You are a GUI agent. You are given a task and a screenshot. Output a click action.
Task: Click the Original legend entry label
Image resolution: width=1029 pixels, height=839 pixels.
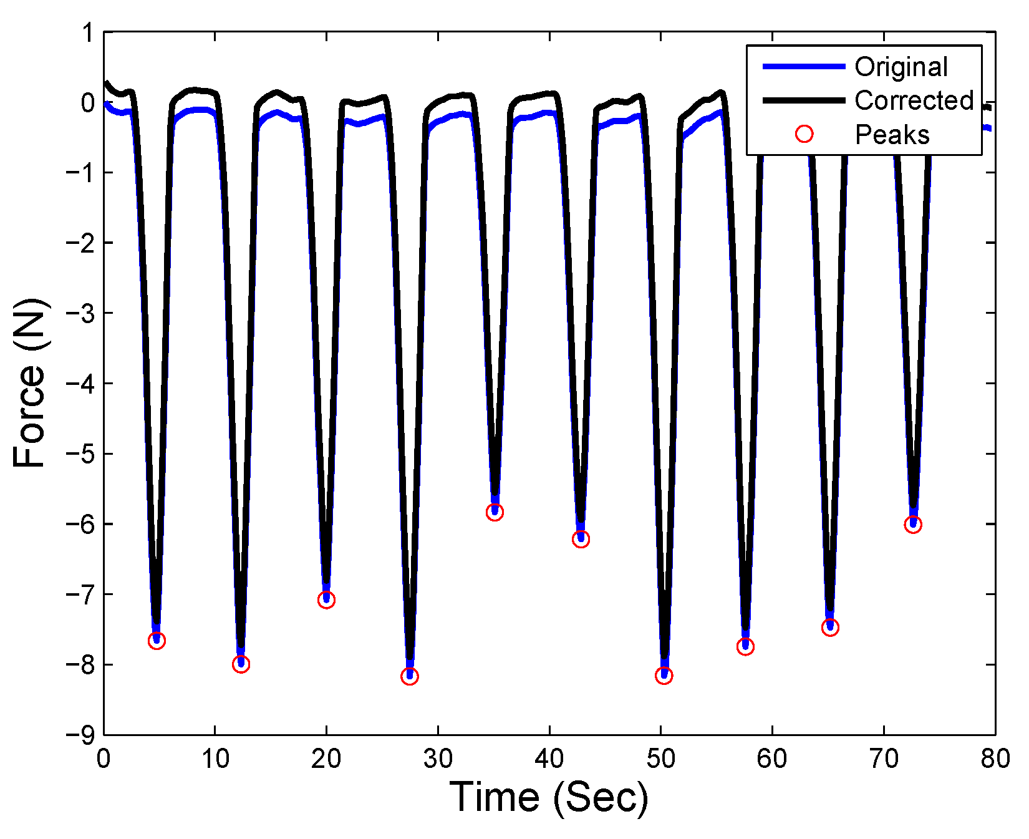click(x=901, y=67)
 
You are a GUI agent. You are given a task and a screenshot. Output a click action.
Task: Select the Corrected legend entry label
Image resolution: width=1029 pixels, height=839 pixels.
click(x=914, y=100)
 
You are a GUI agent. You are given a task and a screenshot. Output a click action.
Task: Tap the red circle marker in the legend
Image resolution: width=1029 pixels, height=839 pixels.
click(x=804, y=134)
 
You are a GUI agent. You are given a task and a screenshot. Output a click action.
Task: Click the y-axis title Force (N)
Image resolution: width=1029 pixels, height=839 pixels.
click(x=30, y=383)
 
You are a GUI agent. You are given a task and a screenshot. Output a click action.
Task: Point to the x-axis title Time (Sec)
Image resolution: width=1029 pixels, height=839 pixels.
click(x=548, y=798)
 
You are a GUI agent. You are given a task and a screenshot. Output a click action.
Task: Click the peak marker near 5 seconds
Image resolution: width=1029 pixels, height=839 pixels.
click(x=157, y=641)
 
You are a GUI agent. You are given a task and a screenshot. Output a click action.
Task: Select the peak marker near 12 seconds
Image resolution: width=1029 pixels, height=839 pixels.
click(x=241, y=664)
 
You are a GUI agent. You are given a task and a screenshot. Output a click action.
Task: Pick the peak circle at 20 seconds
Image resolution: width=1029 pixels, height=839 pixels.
click(x=326, y=600)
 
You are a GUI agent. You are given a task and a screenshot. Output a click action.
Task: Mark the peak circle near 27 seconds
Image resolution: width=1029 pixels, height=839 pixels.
click(x=410, y=676)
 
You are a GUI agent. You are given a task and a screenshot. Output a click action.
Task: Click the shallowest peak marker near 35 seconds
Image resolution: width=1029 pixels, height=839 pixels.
click(x=495, y=512)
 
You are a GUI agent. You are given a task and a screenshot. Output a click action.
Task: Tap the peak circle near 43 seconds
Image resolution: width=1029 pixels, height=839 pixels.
click(x=581, y=540)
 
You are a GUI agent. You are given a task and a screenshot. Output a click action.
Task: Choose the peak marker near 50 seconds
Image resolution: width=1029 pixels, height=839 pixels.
click(x=664, y=676)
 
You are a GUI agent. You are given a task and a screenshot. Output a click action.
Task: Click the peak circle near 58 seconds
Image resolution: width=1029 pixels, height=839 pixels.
click(x=745, y=647)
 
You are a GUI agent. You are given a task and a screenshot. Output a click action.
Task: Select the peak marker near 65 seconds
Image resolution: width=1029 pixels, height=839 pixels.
click(x=830, y=628)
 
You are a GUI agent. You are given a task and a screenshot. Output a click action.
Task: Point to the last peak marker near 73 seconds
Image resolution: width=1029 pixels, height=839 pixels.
click(x=913, y=525)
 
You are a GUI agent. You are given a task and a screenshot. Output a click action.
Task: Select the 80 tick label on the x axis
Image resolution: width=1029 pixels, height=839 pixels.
click(x=995, y=759)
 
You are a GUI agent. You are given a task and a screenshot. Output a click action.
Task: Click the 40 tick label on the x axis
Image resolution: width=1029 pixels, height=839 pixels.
click(x=549, y=759)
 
